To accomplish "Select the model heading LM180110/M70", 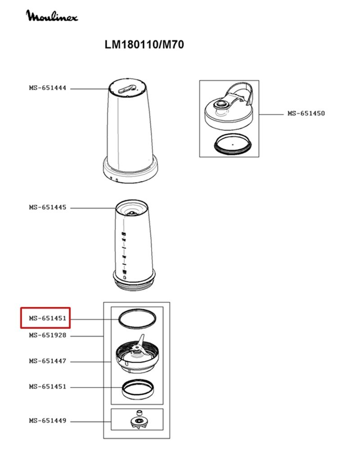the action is (144, 45).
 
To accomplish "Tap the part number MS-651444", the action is (48, 88).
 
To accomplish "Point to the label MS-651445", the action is (48, 207).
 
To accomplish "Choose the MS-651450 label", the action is (306, 113).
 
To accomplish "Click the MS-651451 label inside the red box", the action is (48, 318).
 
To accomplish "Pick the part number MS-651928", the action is (48, 336).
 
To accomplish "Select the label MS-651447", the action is (48, 361).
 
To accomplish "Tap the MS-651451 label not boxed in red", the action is (48, 387).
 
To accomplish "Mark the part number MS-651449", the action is (48, 421).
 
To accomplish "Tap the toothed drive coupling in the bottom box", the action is (139, 423).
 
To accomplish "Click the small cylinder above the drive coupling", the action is (139, 413).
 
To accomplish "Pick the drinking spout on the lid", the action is (222, 104).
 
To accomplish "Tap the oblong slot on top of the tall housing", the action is (127, 88).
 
